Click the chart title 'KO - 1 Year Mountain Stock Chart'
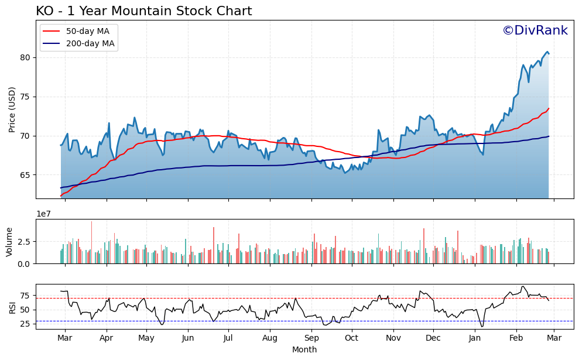click(143, 11)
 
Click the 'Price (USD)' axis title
click(12, 109)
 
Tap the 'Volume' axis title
click(9, 242)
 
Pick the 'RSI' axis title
click(12, 307)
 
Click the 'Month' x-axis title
click(304, 349)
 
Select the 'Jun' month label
click(188, 338)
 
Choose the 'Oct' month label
click(351, 338)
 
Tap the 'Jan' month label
click(475, 338)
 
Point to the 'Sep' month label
click(311, 338)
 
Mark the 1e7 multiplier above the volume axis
click(44, 214)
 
